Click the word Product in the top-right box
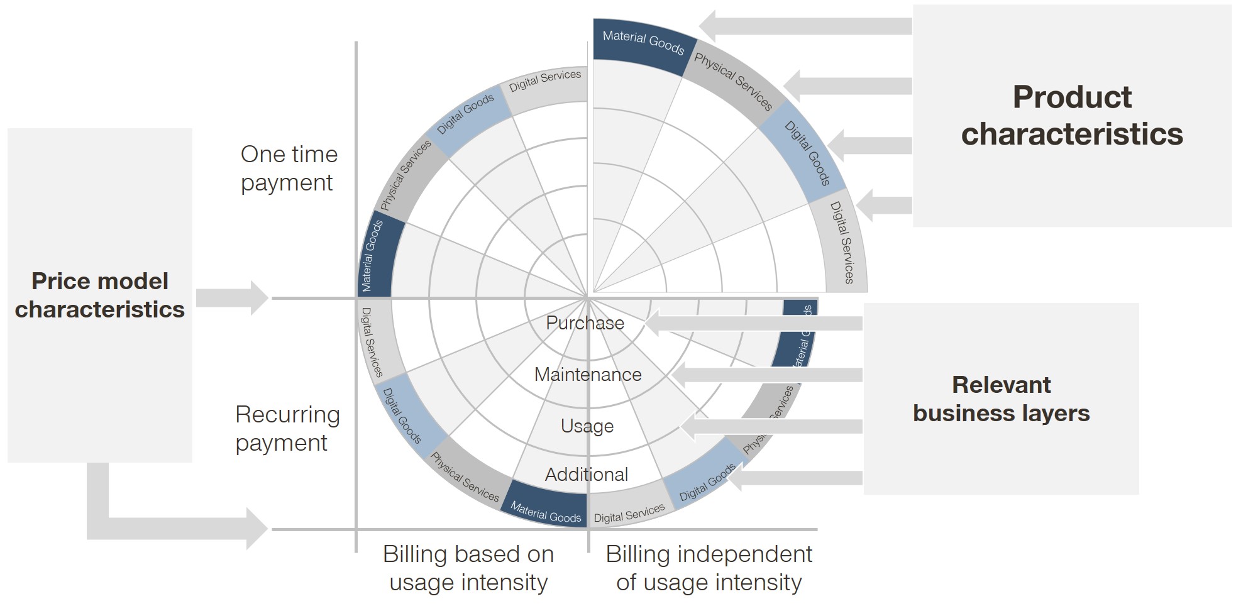click(1071, 97)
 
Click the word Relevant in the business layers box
click(1001, 385)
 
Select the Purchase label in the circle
click(585, 323)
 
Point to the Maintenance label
click(588, 375)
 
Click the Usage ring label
click(587, 426)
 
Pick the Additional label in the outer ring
click(586, 475)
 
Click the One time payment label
click(289, 168)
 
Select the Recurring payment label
click(287, 429)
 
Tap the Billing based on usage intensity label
click(468, 568)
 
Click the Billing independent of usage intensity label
click(709, 568)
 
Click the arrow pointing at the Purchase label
click(754, 323)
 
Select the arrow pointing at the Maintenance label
click(767, 375)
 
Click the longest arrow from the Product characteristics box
click(805, 26)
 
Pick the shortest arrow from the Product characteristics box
click(883, 205)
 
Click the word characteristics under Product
click(1071, 135)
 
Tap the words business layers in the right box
click(1001, 414)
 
